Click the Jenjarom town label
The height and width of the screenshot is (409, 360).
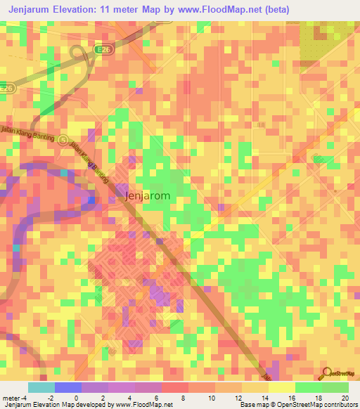pyautogui.click(x=147, y=196)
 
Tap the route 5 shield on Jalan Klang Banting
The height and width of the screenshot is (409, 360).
pyautogui.click(x=63, y=139)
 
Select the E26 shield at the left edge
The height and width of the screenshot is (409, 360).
pyautogui.click(x=6, y=89)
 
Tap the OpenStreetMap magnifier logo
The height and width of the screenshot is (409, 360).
pyautogui.click(x=326, y=372)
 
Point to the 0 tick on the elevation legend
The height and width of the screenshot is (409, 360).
pyautogui.click(x=76, y=398)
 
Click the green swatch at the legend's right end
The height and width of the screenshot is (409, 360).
pyautogui.click(x=335, y=387)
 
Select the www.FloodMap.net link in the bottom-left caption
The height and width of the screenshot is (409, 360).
pyautogui.click(x=144, y=405)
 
